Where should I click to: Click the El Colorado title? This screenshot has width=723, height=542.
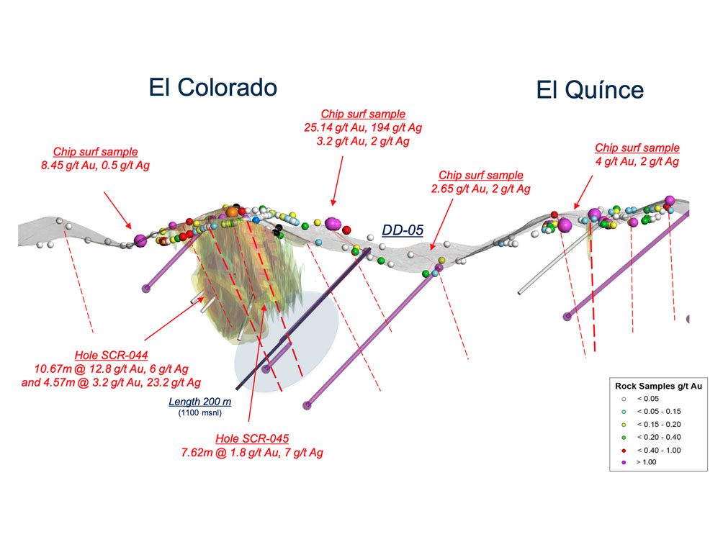pos(212,88)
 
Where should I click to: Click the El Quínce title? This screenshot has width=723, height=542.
pos(589,90)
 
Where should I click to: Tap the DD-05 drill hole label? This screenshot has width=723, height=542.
pos(403,232)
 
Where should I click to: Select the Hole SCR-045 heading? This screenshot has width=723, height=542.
pos(251,439)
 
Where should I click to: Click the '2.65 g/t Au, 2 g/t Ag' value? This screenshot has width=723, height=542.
pos(480,189)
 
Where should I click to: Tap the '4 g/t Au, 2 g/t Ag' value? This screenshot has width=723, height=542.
pos(637,161)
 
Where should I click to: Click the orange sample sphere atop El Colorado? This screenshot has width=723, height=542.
pos(233,212)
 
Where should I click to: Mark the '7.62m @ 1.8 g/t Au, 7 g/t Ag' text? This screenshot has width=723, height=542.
pos(251,453)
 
